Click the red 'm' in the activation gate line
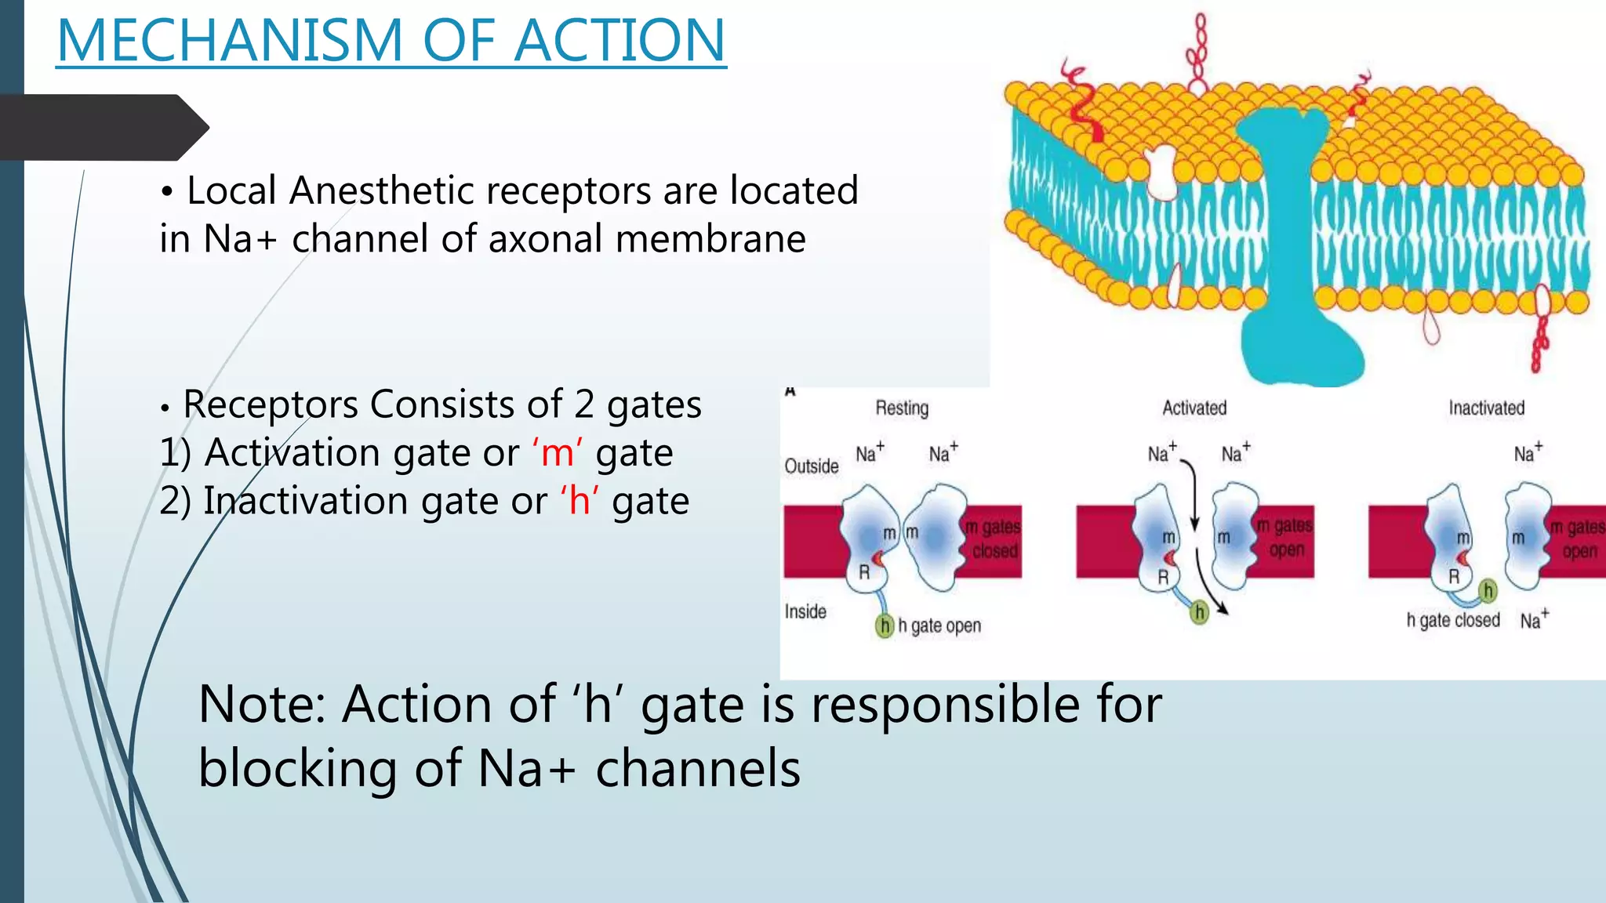tap(557, 453)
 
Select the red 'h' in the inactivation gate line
tap(579, 501)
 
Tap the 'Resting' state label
tap(902, 408)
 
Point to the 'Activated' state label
tap(1194, 408)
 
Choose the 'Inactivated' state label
tap(1486, 408)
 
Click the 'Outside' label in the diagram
tap(812, 466)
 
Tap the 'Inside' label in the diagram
tap(805, 611)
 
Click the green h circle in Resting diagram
tap(885, 626)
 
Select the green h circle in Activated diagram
tap(1199, 612)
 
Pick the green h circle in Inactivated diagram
tap(1488, 591)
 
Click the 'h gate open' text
tap(939, 626)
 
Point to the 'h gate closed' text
tap(1452, 620)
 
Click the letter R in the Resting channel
tap(864, 572)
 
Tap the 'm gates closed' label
tap(994, 539)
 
